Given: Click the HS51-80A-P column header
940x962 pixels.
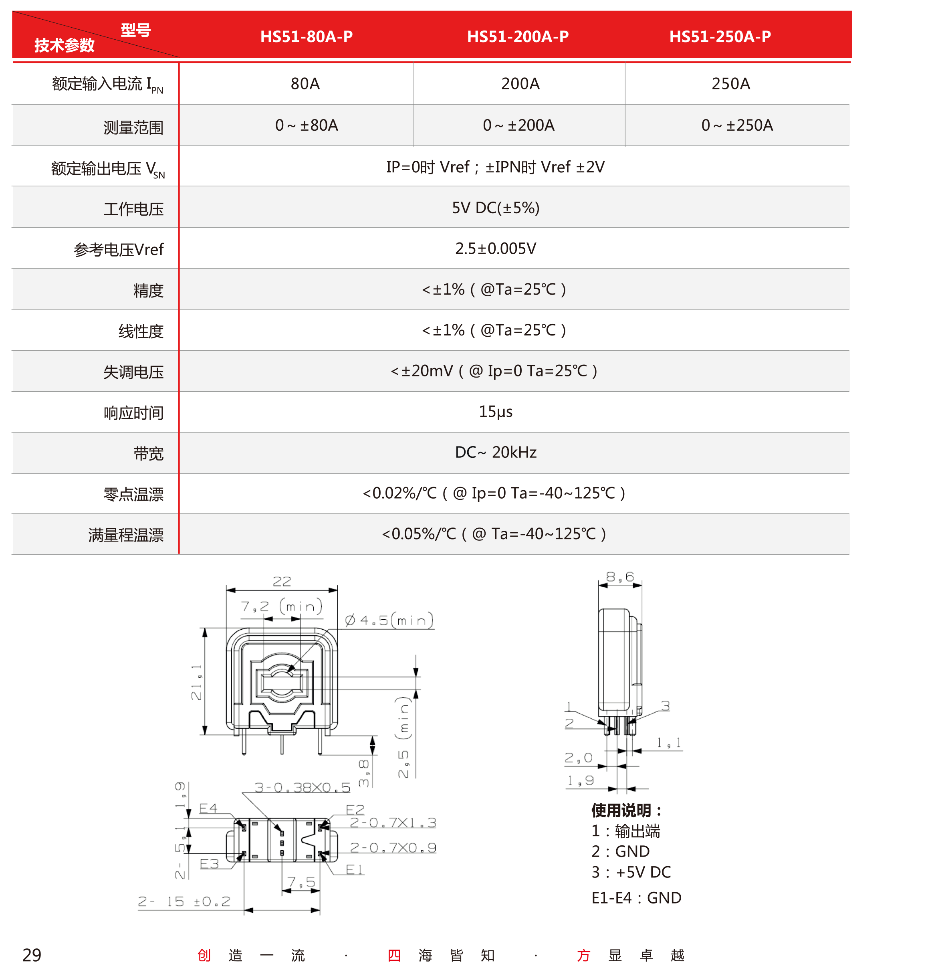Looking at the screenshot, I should click(x=306, y=36).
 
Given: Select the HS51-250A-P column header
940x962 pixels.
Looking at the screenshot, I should click(x=719, y=36).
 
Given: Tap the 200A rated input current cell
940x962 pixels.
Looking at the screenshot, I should click(x=520, y=83).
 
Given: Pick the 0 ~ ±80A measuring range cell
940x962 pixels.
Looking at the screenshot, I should click(x=306, y=125).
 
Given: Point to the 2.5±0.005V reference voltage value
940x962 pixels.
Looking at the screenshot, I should click(x=495, y=249).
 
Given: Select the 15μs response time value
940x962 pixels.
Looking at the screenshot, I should click(x=495, y=411).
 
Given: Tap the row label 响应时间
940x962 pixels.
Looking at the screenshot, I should click(x=133, y=413).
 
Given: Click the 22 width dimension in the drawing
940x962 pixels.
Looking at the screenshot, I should click(x=282, y=581).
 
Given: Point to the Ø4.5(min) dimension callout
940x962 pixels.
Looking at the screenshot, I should click(x=389, y=620).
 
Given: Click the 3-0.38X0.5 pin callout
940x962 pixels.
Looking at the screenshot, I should click(x=302, y=787).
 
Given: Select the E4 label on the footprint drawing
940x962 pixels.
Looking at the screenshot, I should click(x=208, y=808).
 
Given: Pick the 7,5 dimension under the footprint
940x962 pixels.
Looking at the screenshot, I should click(x=301, y=882).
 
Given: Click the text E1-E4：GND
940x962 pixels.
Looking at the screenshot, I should click(x=636, y=898).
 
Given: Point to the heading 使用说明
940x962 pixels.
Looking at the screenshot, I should click(x=625, y=810).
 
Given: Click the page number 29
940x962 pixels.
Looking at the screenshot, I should click(x=32, y=955).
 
